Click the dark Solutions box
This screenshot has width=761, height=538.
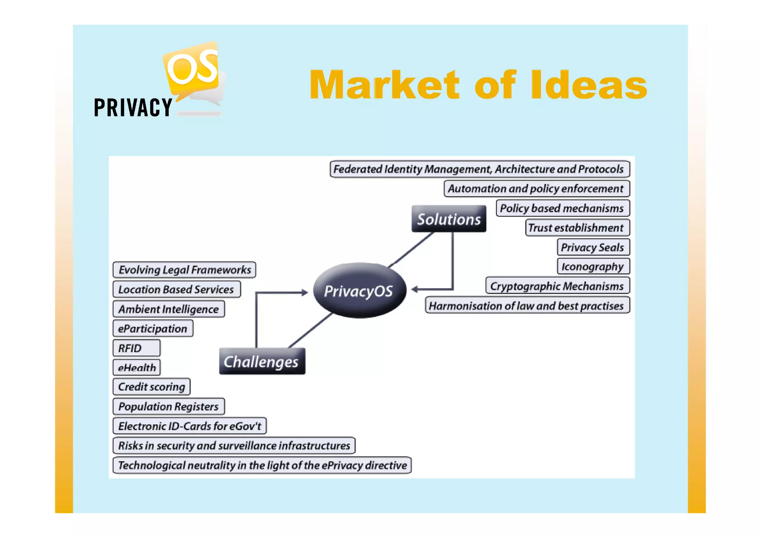pos(448,219)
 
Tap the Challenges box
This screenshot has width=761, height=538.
pos(262,361)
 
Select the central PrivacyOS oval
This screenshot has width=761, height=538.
pos(359,291)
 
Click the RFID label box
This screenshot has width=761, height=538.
pos(136,348)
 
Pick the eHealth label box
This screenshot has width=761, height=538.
pos(137,367)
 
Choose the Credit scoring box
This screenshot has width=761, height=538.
pos(152,387)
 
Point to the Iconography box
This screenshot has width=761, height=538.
pos(593,266)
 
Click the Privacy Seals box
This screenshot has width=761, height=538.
pos(593,247)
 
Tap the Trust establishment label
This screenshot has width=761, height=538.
pos(577,228)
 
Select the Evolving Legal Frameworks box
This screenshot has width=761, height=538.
pos(184,270)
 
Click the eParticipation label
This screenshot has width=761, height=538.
pos(153,328)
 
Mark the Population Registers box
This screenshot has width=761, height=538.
pos(169,406)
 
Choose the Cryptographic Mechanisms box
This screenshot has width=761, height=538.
pos(557,286)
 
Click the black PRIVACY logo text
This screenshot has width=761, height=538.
pos(133,108)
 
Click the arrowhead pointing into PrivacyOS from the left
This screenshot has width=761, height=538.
pos(305,293)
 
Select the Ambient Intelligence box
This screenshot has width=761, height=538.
pos(169,309)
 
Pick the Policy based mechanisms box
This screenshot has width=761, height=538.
pos(562,208)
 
